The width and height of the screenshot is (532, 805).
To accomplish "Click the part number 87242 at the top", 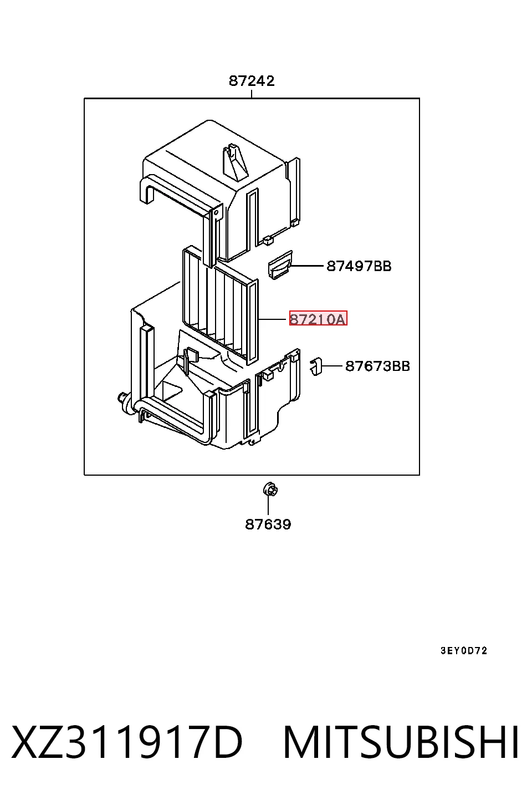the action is (252, 81).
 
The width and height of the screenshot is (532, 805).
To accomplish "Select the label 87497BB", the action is (359, 266).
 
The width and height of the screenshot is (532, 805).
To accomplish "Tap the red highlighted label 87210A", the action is (318, 319).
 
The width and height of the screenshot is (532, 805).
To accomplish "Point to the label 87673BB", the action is (377, 366).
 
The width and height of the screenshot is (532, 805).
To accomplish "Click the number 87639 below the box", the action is (268, 524).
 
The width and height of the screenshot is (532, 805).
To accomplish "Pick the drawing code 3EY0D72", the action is (464, 650).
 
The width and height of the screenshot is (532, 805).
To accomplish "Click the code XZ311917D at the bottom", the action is (127, 742).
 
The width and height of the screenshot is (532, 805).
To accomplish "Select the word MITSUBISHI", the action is (401, 742).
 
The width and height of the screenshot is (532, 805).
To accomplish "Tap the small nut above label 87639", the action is (269, 490).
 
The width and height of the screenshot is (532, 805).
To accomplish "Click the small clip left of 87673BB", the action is (316, 367).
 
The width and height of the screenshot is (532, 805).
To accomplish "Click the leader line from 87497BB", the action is (307, 266).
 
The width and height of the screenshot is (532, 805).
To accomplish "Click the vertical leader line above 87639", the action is (268, 505).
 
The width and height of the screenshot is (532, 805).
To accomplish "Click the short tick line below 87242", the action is (252, 94).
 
